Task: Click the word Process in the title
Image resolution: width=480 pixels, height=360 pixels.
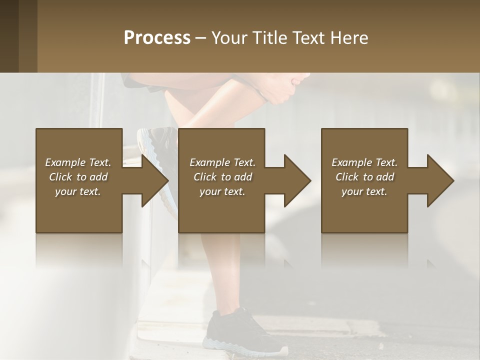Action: coord(157,38)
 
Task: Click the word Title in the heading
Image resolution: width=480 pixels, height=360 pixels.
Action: coord(269,38)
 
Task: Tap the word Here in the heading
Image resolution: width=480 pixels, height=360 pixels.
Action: coord(347,38)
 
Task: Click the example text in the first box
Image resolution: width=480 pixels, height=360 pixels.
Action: coord(78,177)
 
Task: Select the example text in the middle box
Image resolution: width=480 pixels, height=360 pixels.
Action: coord(222,177)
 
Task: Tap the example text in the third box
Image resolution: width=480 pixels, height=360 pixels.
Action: coord(364,177)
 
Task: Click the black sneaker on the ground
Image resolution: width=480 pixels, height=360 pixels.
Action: coord(240,332)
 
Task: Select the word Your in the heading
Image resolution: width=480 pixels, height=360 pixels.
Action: coord(229,38)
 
